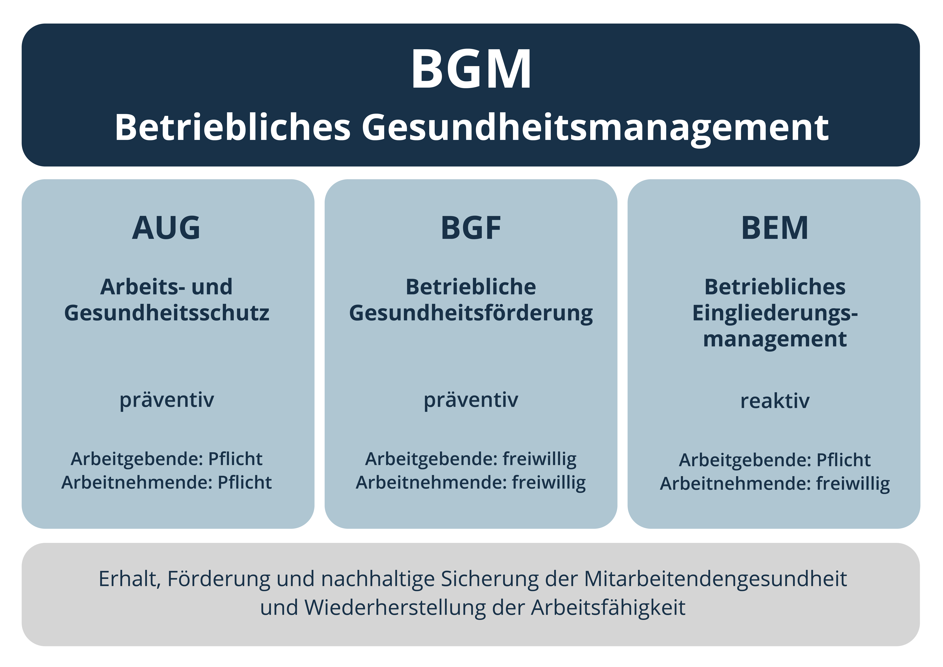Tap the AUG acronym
tap(166, 228)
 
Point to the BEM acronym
tap(775, 228)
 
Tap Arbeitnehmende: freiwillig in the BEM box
tap(775, 484)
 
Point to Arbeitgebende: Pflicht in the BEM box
tap(775, 460)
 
